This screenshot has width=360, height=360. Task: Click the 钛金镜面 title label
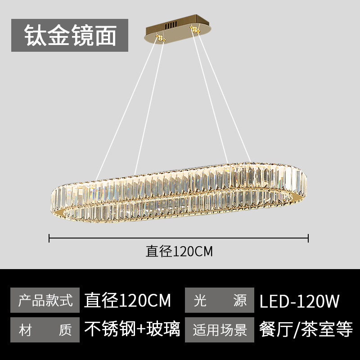point(70,35)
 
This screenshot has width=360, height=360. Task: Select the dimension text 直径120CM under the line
point(179,251)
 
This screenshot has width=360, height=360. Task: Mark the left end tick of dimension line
point(49,238)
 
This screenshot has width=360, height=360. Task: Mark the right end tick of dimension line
point(308,238)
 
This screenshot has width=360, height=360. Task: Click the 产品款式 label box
point(45,300)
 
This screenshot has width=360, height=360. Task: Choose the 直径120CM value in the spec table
point(128,300)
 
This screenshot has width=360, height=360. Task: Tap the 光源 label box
point(220,300)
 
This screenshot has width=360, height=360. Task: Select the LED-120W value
point(299,300)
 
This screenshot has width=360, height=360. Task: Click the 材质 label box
point(45,330)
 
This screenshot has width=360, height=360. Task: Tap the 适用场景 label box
point(220,330)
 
